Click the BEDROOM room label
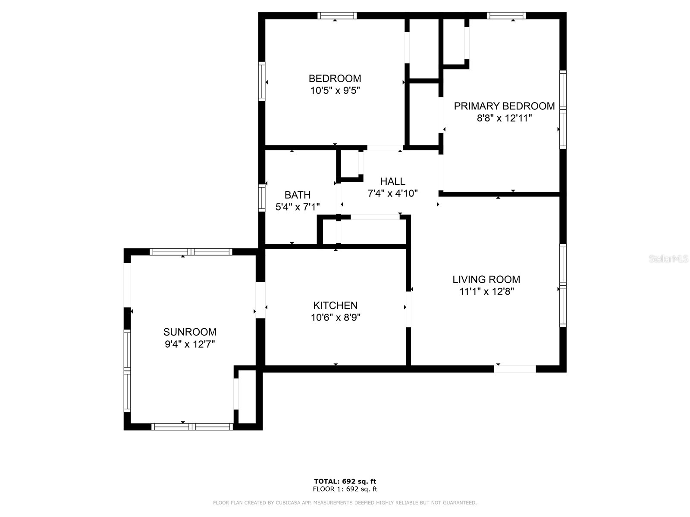coord(335,78)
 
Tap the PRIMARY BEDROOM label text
coord(504,106)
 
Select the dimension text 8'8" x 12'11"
coord(504,118)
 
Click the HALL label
coord(392,181)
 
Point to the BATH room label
coord(298,195)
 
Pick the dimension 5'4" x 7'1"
coord(298,207)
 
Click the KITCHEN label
coord(335,305)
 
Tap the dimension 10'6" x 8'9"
coord(335,318)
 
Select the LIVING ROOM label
coord(486,279)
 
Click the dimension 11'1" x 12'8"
coord(486,292)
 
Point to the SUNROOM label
coord(190,332)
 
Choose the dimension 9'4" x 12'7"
coord(190,344)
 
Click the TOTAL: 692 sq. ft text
coord(345,481)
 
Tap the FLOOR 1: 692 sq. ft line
coord(345,489)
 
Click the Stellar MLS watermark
coord(668,259)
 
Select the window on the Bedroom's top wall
coord(337,16)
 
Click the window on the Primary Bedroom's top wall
coord(506,16)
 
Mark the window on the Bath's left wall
coord(262,198)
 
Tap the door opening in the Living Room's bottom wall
coord(515,369)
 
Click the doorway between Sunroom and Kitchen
coord(260,300)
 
